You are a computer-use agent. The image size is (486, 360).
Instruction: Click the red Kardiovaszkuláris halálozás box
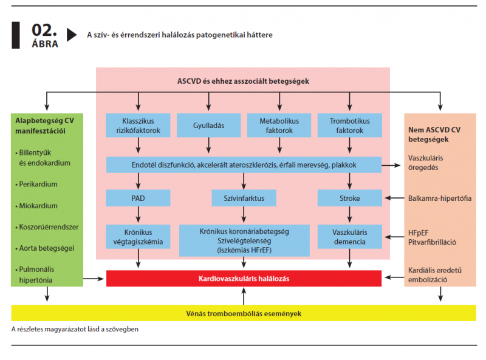(244, 278)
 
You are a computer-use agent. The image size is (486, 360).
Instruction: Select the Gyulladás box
(208, 125)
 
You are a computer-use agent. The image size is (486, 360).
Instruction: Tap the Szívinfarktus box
(244, 198)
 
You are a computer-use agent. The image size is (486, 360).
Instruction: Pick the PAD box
(138, 198)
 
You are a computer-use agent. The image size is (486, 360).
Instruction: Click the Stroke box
(350, 198)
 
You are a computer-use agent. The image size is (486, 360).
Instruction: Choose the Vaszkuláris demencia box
(350, 237)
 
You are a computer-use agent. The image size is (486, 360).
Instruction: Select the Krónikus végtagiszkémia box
(138, 237)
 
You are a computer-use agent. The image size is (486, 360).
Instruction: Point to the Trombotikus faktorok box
(350, 125)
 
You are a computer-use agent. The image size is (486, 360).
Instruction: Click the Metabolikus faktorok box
(279, 125)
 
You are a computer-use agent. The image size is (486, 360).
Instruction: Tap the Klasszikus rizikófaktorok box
(138, 125)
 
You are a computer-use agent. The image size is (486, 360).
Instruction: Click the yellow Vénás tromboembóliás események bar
(244, 313)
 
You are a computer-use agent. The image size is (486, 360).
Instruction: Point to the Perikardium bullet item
(36, 184)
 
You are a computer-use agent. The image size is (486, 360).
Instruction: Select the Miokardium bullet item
(36, 206)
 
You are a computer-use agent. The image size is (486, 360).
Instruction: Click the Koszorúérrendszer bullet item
(47, 227)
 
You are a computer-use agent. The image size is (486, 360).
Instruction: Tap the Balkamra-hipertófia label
(439, 199)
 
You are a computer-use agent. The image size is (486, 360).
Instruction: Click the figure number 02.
(44, 30)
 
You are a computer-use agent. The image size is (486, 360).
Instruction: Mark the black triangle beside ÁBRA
(71, 35)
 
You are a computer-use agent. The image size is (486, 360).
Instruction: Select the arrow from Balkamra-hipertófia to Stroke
(394, 198)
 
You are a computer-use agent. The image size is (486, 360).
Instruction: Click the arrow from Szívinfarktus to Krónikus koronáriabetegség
(244, 214)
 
